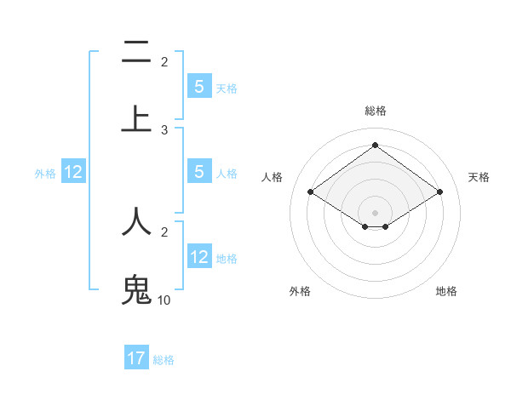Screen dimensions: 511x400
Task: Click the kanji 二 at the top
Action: coord(136,52)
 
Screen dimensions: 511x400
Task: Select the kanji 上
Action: coord(136,118)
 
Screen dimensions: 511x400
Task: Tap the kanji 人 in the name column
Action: coord(136,220)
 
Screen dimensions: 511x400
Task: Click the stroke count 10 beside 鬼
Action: coord(164,300)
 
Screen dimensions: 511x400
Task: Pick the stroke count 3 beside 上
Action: coord(164,129)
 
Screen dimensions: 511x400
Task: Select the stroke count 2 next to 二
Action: coord(164,61)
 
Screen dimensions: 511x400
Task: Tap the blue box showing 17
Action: coord(136,358)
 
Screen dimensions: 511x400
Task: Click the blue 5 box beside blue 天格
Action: coord(199,86)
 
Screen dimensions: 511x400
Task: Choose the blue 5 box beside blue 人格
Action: coord(199,171)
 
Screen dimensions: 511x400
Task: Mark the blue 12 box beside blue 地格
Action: coord(199,256)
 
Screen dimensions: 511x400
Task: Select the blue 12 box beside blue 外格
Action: coord(73,172)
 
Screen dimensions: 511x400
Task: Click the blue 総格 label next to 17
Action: coord(164,360)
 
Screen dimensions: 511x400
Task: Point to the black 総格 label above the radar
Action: coord(376,111)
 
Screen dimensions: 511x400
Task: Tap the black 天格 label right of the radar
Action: coord(479,177)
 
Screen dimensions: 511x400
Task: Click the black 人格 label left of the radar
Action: coord(273,177)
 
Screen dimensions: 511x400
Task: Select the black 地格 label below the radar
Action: coord(446,291)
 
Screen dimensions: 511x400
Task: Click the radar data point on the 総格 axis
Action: coord(376,146)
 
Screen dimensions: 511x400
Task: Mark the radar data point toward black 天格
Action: coord(439,192)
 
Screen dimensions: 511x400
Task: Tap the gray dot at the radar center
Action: coord(376,212)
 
